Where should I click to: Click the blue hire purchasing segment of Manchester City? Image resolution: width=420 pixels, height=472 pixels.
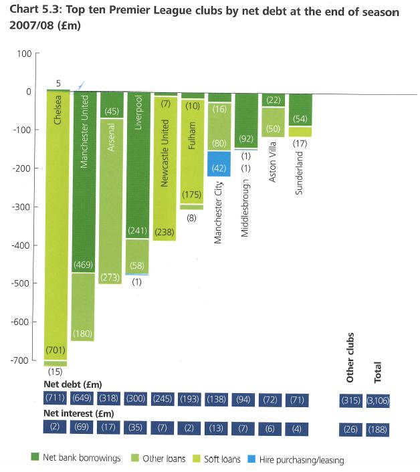click(x=219, y=163)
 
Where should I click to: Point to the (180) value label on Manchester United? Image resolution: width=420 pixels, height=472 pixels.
click(x=84, y=333)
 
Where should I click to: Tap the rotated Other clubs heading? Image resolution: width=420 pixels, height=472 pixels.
click(x=350, y=357)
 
